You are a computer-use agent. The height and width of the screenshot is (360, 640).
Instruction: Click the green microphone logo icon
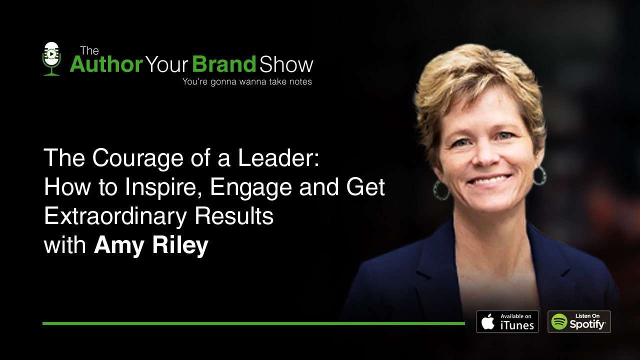51,58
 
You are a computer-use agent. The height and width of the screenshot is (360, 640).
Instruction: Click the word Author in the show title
106,64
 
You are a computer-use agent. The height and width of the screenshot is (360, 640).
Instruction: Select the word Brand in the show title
224,64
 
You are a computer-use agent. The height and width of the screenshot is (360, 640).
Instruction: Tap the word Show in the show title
286,64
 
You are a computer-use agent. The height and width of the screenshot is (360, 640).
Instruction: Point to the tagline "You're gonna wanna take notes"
247,81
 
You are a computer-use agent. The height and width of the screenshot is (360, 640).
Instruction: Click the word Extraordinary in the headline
115,216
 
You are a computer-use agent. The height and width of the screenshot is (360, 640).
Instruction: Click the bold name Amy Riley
151,246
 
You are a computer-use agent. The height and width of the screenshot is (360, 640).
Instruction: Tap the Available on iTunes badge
507,321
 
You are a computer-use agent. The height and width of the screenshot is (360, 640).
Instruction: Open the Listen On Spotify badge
579,321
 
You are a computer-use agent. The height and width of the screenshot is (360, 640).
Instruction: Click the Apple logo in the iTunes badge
488,321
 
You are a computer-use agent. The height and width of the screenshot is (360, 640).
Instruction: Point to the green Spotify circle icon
559,321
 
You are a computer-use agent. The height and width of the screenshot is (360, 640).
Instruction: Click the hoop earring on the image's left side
441,190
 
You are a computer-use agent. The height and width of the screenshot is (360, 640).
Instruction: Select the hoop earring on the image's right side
540,175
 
